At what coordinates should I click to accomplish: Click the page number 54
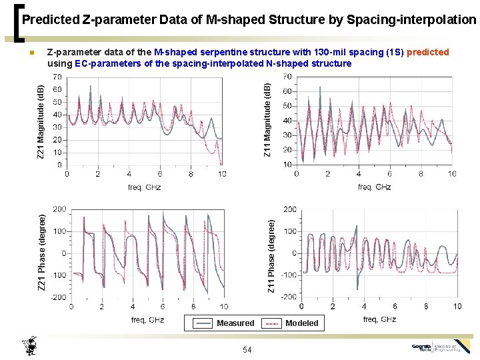point(247,350)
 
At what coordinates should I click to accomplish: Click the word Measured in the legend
point(235,323)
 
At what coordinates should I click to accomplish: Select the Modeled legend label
point(302,323)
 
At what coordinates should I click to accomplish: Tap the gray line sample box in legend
point(203,323)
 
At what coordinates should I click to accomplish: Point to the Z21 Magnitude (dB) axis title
point(41,122)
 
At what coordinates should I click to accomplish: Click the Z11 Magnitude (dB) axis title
point(267,120)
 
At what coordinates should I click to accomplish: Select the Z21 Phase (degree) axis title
point(41,252)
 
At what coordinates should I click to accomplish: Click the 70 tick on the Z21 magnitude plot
point(57,77)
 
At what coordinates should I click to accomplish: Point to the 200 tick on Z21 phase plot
point(59,209)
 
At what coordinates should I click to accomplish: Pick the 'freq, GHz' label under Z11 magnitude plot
point(374,187)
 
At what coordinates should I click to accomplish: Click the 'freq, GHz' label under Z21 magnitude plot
point(144,187)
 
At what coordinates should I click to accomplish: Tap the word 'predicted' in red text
point(427,52)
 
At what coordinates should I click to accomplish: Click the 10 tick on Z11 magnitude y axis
point(288,164)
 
